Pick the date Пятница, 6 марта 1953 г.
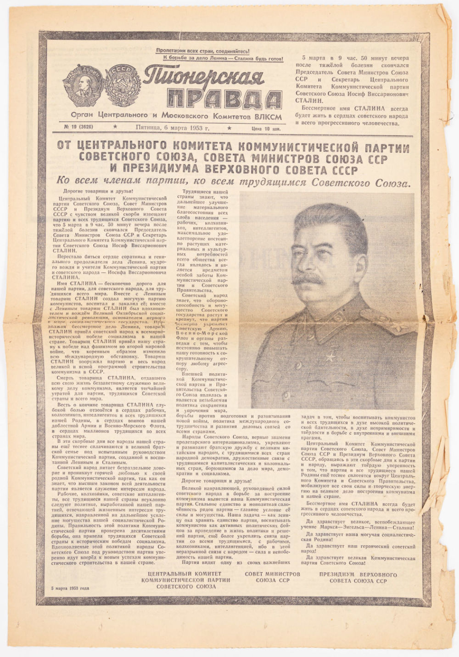point(172,128)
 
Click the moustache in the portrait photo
point(313,279)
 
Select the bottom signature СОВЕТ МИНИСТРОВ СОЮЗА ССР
point(272,577)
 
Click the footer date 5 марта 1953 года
point(70,588)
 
